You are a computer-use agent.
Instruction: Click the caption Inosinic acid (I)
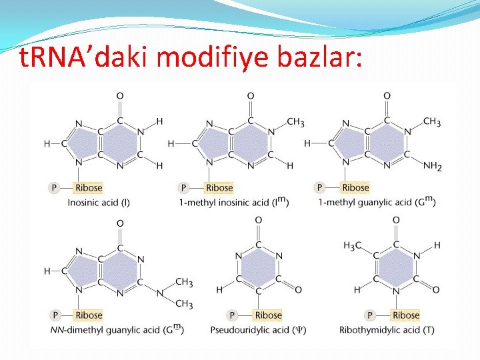tap(99, 203)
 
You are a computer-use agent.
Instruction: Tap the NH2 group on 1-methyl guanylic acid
tap(431, 166)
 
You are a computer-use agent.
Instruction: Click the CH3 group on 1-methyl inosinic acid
tap(295, 122)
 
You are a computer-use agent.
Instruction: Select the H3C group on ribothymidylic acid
tap(352, 245)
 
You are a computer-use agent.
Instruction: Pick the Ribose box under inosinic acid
tap(89, 188)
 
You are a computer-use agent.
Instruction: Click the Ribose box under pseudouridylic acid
tap(268, 315)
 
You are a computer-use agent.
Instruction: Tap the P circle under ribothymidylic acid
tap(370, 315)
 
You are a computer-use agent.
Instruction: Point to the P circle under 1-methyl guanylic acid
tap(320, 188)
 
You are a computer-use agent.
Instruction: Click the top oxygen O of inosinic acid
tap(120, 97)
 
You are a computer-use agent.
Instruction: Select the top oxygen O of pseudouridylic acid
tap(259, 221)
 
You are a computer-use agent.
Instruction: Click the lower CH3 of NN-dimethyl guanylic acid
tap(183, 304)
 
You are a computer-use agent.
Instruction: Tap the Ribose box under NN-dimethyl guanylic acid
tap(89, 315)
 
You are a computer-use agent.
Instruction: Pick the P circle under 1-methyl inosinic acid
tap(184, 188)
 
